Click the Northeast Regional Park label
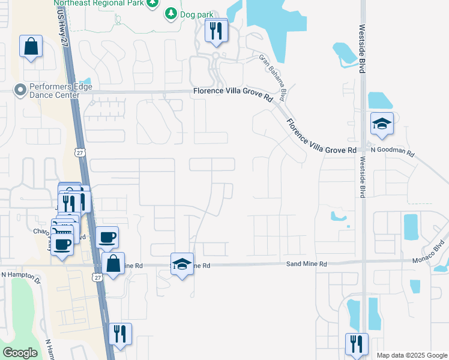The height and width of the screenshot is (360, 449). click(107, 2)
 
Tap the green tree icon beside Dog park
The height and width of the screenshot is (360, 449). click(172, 13)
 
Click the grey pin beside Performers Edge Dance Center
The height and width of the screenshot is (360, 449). click(20, 91)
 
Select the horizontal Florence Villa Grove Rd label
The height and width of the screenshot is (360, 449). click(233, 92)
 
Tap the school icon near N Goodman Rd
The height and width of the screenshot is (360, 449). click(382, 125)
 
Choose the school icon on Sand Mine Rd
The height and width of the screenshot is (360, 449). click(182, 264)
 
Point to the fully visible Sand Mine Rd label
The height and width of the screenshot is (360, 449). click(306, 264)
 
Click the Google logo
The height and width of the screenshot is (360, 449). click(20, 352)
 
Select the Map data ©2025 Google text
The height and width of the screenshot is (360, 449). click(411, 355)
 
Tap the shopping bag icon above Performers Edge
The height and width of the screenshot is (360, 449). click(31, 47)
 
